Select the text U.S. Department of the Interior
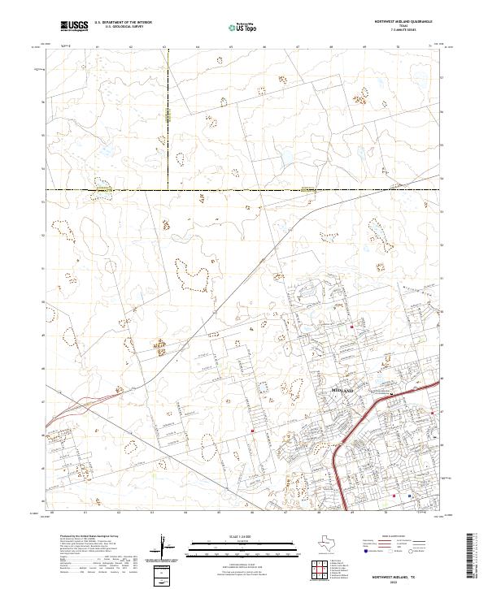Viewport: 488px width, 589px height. click(123, 23)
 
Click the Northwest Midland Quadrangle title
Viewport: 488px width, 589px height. click(404, 22)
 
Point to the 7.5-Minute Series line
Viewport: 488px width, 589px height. click(404, 32)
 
